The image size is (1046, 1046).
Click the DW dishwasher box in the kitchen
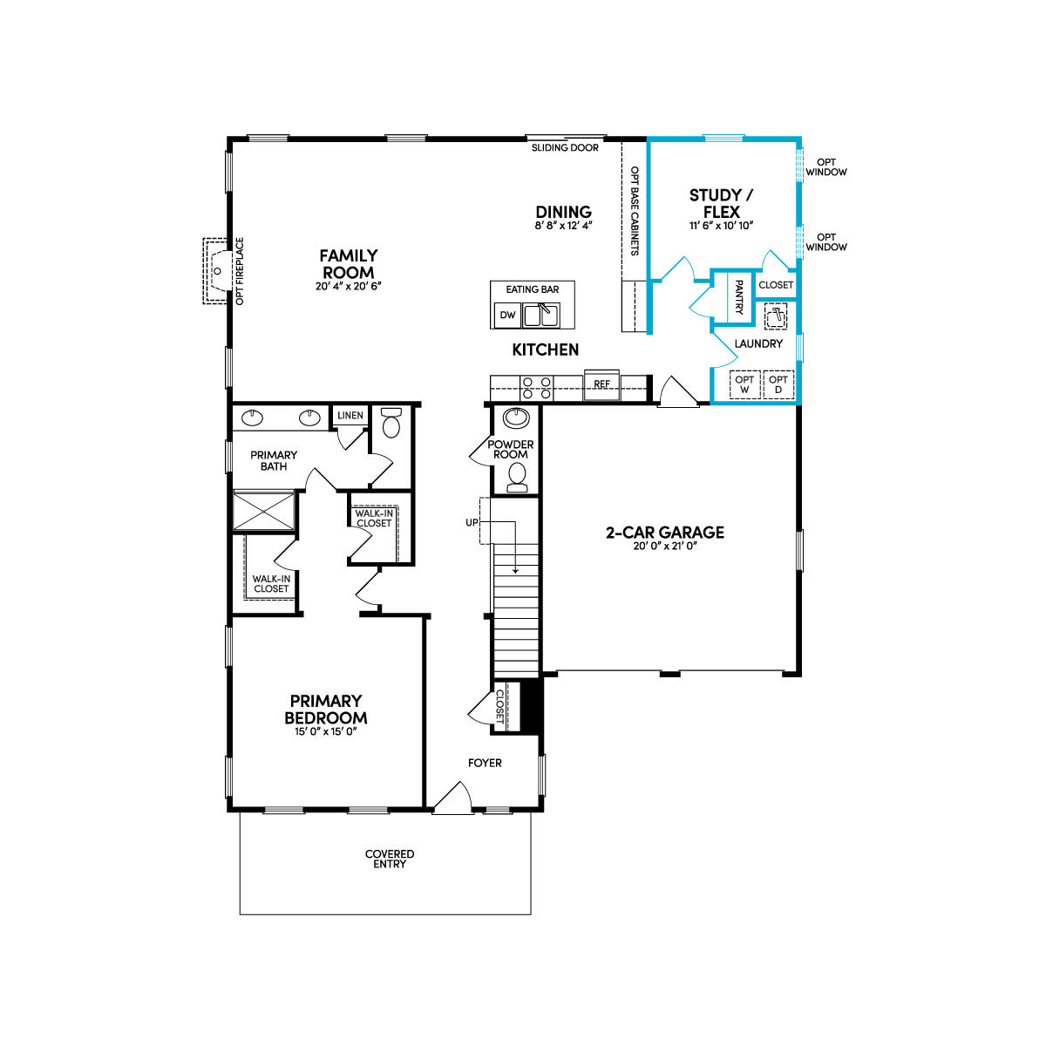(x=506, y=316)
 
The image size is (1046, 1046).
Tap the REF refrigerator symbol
(x=601, y=384)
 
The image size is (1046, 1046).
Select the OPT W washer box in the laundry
(x=744, y=384)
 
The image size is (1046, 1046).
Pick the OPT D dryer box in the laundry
(x=778, y=384)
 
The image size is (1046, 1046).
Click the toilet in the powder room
(x=518, y=475)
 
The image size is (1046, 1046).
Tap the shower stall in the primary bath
(x=264, y=511)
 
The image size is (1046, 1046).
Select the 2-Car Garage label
(x=665, y=533)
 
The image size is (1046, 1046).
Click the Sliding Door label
(x=565, y=148)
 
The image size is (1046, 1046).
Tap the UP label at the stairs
(x=472, y=522)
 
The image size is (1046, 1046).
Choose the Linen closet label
(x=350, y=416)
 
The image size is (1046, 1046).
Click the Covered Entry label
(x=390, y=859)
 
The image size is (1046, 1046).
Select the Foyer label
(x=485, y=763)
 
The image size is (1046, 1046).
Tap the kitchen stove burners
(x=535, y=387)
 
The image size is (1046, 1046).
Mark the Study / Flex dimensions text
(x=721, y=225)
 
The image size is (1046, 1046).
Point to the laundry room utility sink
(x=775, y=316)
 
